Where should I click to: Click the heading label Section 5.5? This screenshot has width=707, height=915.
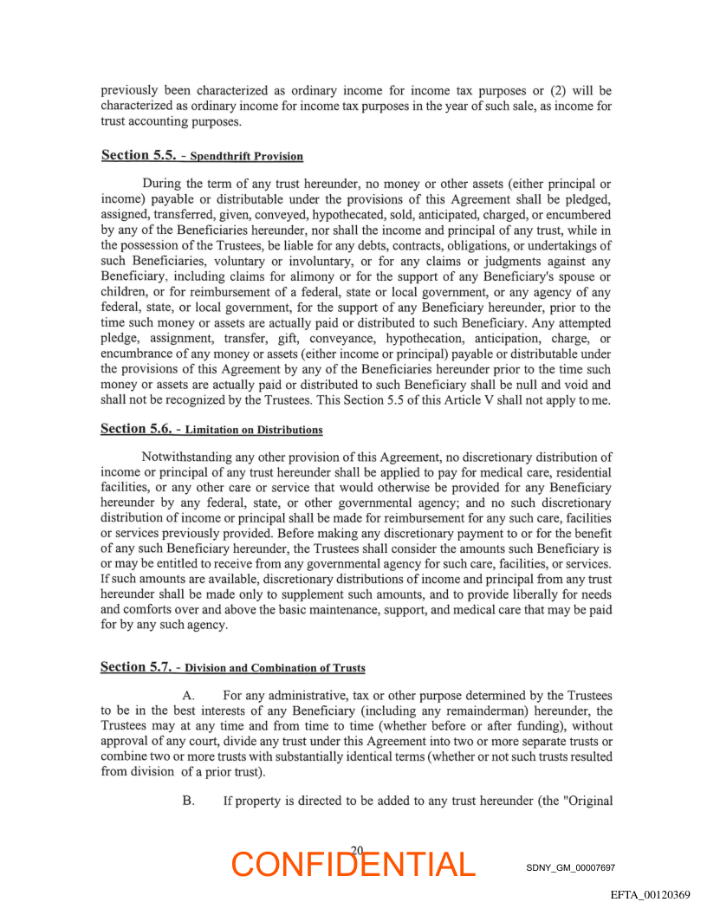coord(138,155)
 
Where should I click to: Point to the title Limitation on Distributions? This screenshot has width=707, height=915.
coord(253,431)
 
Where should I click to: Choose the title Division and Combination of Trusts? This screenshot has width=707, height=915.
coord(275,669)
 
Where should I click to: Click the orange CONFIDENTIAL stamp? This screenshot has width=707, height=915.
coord(353,865)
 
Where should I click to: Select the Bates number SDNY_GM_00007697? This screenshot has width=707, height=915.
coord(570,867)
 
